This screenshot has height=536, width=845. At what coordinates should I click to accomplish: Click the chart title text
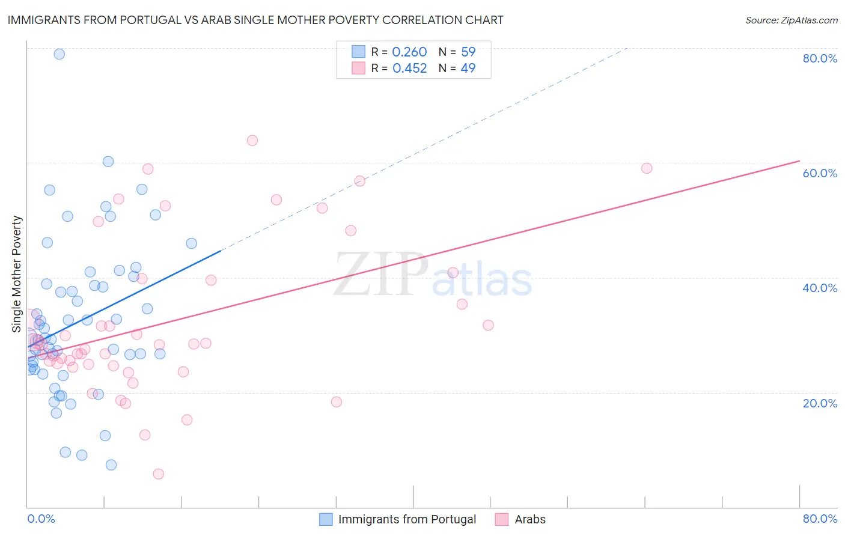pos(255,20)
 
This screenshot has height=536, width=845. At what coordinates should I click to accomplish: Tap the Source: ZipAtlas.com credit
pos(791,20)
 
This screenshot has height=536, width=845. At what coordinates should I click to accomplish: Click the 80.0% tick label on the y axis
pos(820,58)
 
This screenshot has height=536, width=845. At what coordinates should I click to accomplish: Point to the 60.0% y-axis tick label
pos(820,173)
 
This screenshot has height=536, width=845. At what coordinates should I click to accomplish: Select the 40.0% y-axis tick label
pos(820,288)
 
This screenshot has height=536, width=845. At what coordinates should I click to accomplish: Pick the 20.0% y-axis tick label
pos(820,403)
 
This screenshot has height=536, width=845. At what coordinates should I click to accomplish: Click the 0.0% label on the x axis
pos(41,519)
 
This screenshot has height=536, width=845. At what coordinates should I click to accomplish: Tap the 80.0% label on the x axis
pos(820,519)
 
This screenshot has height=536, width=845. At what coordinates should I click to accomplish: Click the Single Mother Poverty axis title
pos(17,274)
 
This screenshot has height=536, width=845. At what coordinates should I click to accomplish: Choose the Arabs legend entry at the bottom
pos(529,519)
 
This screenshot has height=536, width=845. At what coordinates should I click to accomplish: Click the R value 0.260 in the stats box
pos(409,52)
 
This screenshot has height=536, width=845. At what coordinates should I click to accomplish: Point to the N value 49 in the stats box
pos(468,68)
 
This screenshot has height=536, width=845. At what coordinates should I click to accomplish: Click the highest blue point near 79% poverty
pos(59,54)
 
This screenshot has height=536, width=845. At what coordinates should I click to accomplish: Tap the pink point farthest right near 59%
pos(647,168)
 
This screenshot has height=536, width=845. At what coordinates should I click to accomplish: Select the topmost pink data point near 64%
pos(252,141)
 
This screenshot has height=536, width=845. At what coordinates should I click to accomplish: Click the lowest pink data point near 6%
pos(159,474)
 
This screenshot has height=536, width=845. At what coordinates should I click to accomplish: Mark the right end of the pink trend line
pos(799,161)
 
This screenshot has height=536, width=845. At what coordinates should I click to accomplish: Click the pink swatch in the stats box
pos(358,68)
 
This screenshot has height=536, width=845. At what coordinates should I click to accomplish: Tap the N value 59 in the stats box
pos(468,52)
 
